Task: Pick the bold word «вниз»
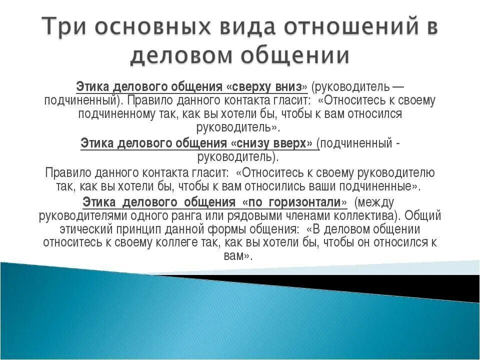click(291, 86)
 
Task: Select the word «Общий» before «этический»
click(423, 216)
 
